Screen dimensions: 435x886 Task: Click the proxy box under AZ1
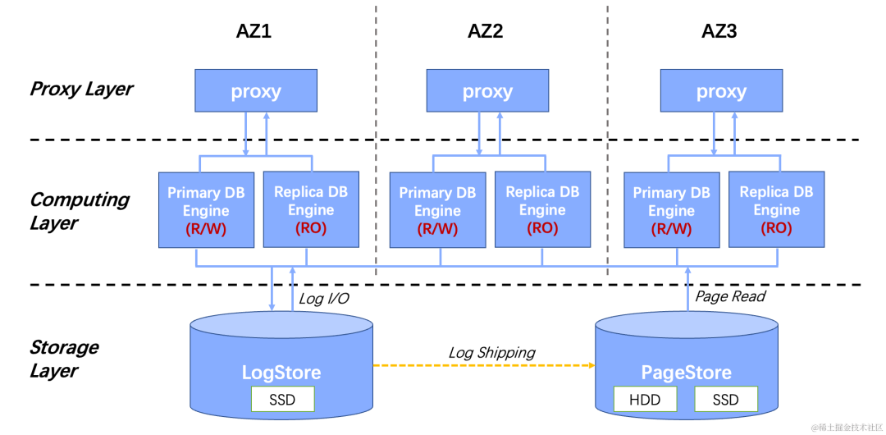click(256, 90)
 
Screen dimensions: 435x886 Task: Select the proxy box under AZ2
click(487, 90)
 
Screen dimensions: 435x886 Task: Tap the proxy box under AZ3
click(721, 90)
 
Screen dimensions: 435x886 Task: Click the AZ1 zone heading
click(253, 32)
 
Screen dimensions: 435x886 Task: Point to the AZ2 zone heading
click(486, 32)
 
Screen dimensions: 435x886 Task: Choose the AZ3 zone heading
click(719, 32)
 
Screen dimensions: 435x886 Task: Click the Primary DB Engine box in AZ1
click(206, 209)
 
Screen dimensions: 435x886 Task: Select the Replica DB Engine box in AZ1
click(311, 209)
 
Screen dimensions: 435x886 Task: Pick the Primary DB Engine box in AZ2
click(437, 209)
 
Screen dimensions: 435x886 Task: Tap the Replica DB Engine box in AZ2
click(542, 209)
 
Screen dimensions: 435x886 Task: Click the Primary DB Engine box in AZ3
click(671, 209)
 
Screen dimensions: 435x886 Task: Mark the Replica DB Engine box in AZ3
click(776, 209)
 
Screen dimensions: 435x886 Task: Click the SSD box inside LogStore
click(281, 400)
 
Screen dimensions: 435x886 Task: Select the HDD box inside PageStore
click(646, 400)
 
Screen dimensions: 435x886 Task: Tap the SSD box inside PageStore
click(725, 400)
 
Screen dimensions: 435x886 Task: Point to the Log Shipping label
click(491, 353)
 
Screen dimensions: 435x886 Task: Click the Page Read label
click(730, 296)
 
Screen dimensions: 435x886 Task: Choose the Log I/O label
click(324, 299)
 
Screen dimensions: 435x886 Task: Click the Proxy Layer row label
click(81, 89)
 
